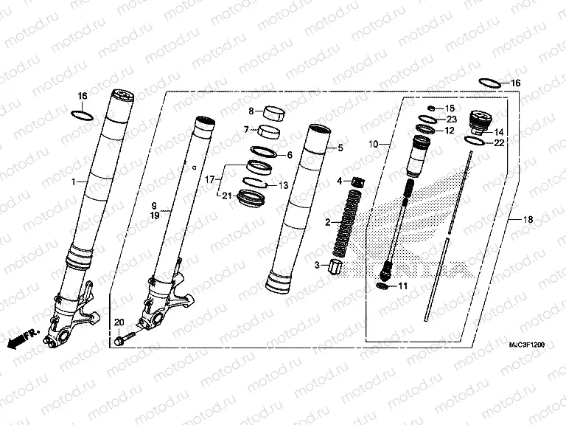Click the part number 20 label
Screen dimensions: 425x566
click(119, 322)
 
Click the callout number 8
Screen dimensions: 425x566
click(251, 111)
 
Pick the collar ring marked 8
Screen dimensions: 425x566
click(272, 114)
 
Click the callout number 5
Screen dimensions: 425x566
click(340, 148)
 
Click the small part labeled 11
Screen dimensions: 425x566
click(381, 285)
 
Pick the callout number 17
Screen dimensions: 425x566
click(209, 179)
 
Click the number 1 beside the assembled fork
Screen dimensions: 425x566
click(73, 182)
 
